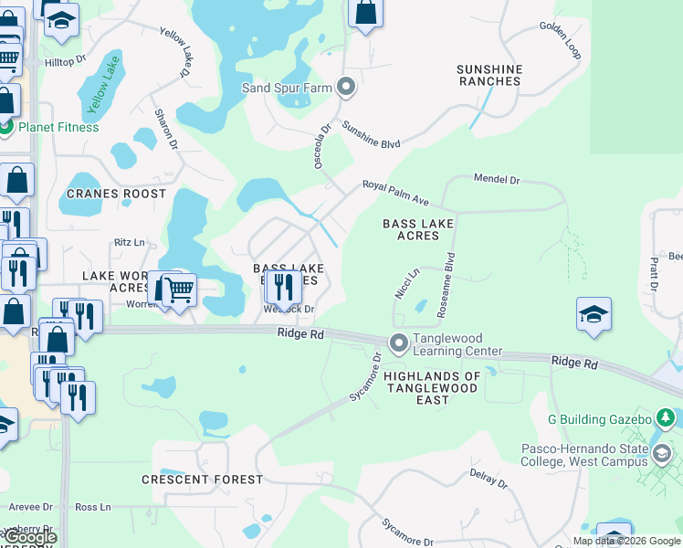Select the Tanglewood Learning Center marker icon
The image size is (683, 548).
398,344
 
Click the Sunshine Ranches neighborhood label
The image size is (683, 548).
489,75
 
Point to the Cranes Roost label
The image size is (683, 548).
103,195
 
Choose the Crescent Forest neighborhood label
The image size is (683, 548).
202,479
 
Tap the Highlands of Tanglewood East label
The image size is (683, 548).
432,388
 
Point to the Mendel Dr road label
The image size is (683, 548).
496,180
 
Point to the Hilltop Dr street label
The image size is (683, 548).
65,61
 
